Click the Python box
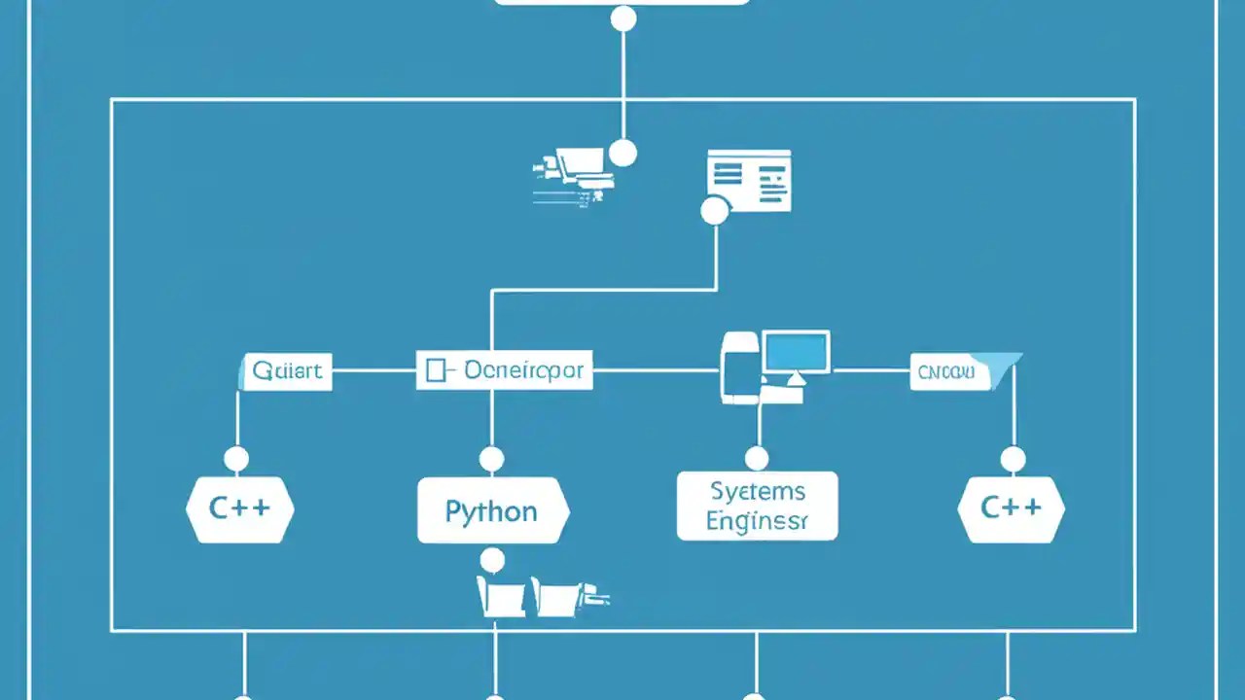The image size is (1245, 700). (x=492, y=510)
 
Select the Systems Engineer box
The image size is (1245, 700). (x=757, y=506)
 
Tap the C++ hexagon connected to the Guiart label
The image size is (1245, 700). (x=239, y=507)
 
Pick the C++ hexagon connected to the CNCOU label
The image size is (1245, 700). (x=1011, y=507)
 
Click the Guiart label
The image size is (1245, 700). (x=287, y=371)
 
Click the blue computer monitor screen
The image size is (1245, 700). (x=797, y=351)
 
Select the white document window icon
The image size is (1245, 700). (x=749, y=179)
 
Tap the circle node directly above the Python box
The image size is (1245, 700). (x=492, y=459)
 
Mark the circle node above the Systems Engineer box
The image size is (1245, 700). (x=757, y=459)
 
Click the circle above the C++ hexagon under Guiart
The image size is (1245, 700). (x=236, y=459)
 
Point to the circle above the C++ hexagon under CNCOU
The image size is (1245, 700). (x=1013, y=459)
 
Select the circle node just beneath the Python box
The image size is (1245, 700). (x=493, y=560)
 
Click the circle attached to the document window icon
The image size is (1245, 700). (x=715, y=210)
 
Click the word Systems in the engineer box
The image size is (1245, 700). (x=757, y=490)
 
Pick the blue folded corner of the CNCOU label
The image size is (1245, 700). (x=1004, y=363)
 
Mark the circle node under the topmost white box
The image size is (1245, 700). (x=622, y=18)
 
